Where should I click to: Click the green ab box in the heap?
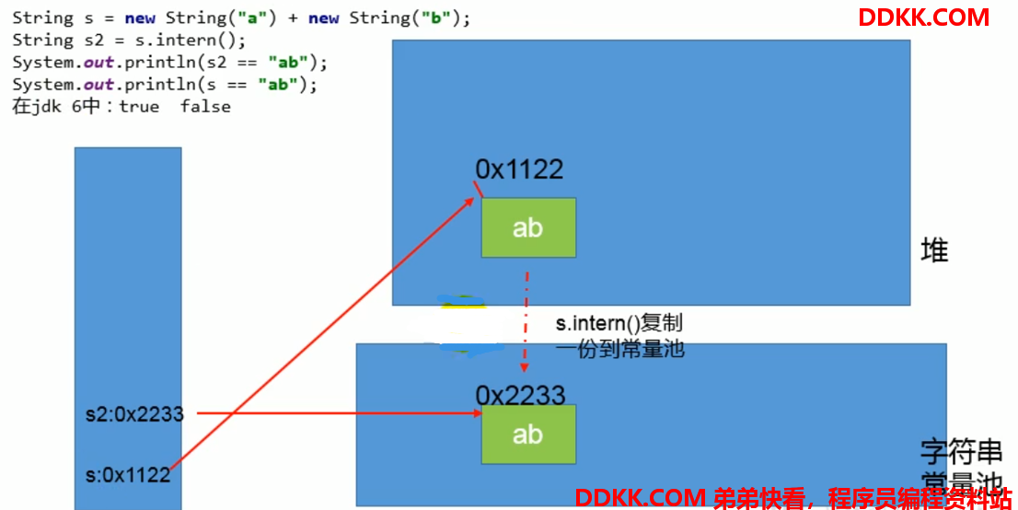click(x=528, y=227)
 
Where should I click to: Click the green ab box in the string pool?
click(x=528, y=434)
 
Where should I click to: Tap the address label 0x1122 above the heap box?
click(x=519, y=169)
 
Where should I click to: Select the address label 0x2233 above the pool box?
click(x=521, y=395)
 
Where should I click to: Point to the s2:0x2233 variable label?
click(x=135, y=414)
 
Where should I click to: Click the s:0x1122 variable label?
click(x=128, y=475)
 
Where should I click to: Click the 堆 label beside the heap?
click(x=934, y=250)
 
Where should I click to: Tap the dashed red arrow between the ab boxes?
click(x=526, y=321)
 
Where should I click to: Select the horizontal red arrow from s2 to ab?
click(x=339, y=412)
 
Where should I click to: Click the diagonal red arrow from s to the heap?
click(x=321, y=332)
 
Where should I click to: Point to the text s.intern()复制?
click(x=619, y=323)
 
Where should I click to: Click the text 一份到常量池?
click(x=620, y=350)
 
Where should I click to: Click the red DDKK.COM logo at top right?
click(x=923, y=17)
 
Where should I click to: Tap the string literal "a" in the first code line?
click(x=252, y=17)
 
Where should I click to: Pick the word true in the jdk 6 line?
click(x=139, y=107)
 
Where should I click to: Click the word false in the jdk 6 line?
click(x=205, y=107)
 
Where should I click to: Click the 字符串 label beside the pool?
click(x=961, y=451)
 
